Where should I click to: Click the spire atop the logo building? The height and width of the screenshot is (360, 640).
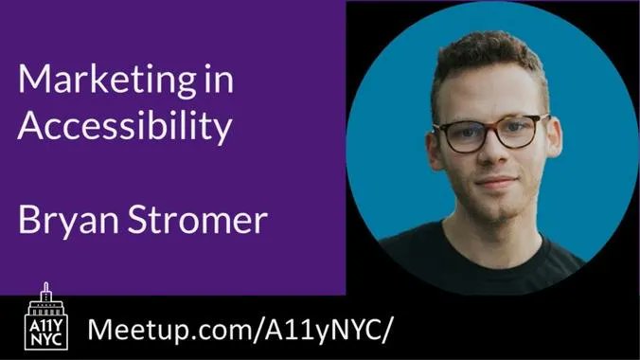pyautogui.click(x=43, y=285)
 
